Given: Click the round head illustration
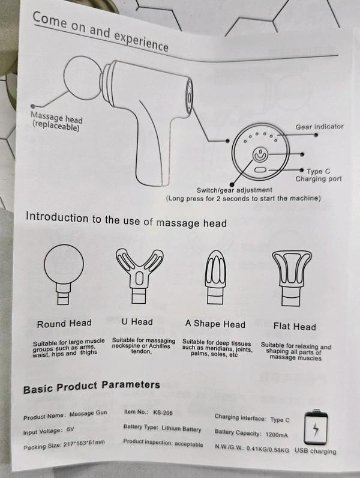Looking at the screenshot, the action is [x=64, y=274].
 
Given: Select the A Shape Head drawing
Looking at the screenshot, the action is [x=215, y=277].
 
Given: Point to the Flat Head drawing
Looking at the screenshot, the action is [x=292, y=278].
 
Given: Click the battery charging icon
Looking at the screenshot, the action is [x=316, y=428].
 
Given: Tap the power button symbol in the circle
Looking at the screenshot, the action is [x=260, y=155].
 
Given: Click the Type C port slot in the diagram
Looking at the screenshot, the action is [x=261, y=170].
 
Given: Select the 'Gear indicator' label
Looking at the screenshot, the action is [x=319, y=127].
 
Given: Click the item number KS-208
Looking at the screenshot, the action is [x=163, y=413].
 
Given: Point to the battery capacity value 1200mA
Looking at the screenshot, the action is [x=277, y=434].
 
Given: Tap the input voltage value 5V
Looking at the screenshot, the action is [x=70, y=429].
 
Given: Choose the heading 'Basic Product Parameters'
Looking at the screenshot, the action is [x=92, y=387].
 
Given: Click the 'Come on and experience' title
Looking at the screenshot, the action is [x=101, y=31].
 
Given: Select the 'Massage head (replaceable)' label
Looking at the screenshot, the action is [x=56, y=121].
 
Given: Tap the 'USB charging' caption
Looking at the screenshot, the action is [x=315, y=451].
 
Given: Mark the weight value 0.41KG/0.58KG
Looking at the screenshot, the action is [x=268, y=449].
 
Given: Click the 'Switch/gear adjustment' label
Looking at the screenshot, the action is [x=234, y=190].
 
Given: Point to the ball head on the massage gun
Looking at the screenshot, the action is [x=82, y=77].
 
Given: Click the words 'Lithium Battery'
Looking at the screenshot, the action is [x=181, y=428].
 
